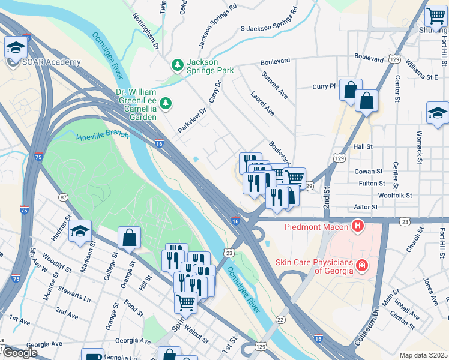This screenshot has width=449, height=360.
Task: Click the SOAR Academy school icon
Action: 16,47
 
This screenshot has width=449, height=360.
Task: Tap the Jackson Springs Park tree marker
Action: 177,64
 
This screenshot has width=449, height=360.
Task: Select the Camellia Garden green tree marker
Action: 166,104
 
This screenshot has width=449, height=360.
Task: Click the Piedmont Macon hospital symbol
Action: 358,226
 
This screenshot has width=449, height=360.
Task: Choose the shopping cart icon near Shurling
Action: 435,16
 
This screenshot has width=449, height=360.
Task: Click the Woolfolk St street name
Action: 395,195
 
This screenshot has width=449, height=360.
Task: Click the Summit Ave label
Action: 274,84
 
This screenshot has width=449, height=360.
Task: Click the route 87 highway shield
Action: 63,197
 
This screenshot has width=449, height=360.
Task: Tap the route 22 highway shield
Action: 281,319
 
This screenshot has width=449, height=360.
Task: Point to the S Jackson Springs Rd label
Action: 269,20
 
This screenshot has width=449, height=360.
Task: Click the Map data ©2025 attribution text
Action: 423,355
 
